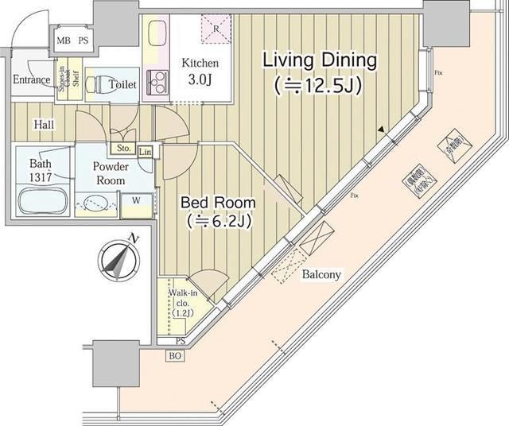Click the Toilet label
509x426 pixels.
[x=122, y=84]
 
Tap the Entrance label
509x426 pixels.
[x=32, y=79]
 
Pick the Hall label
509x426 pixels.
[x=44, y=124]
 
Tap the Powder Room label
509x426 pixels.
[x=109, y=173]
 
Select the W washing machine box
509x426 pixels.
[x=136, y=199]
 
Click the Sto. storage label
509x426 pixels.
[x=123, y=148]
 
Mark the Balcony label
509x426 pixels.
[x=321, y=275]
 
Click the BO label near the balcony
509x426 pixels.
[x=174, y=357]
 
